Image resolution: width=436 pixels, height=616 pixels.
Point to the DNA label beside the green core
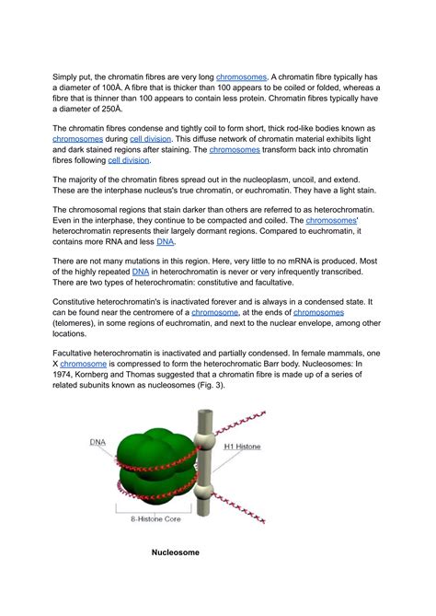[98, 442]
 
